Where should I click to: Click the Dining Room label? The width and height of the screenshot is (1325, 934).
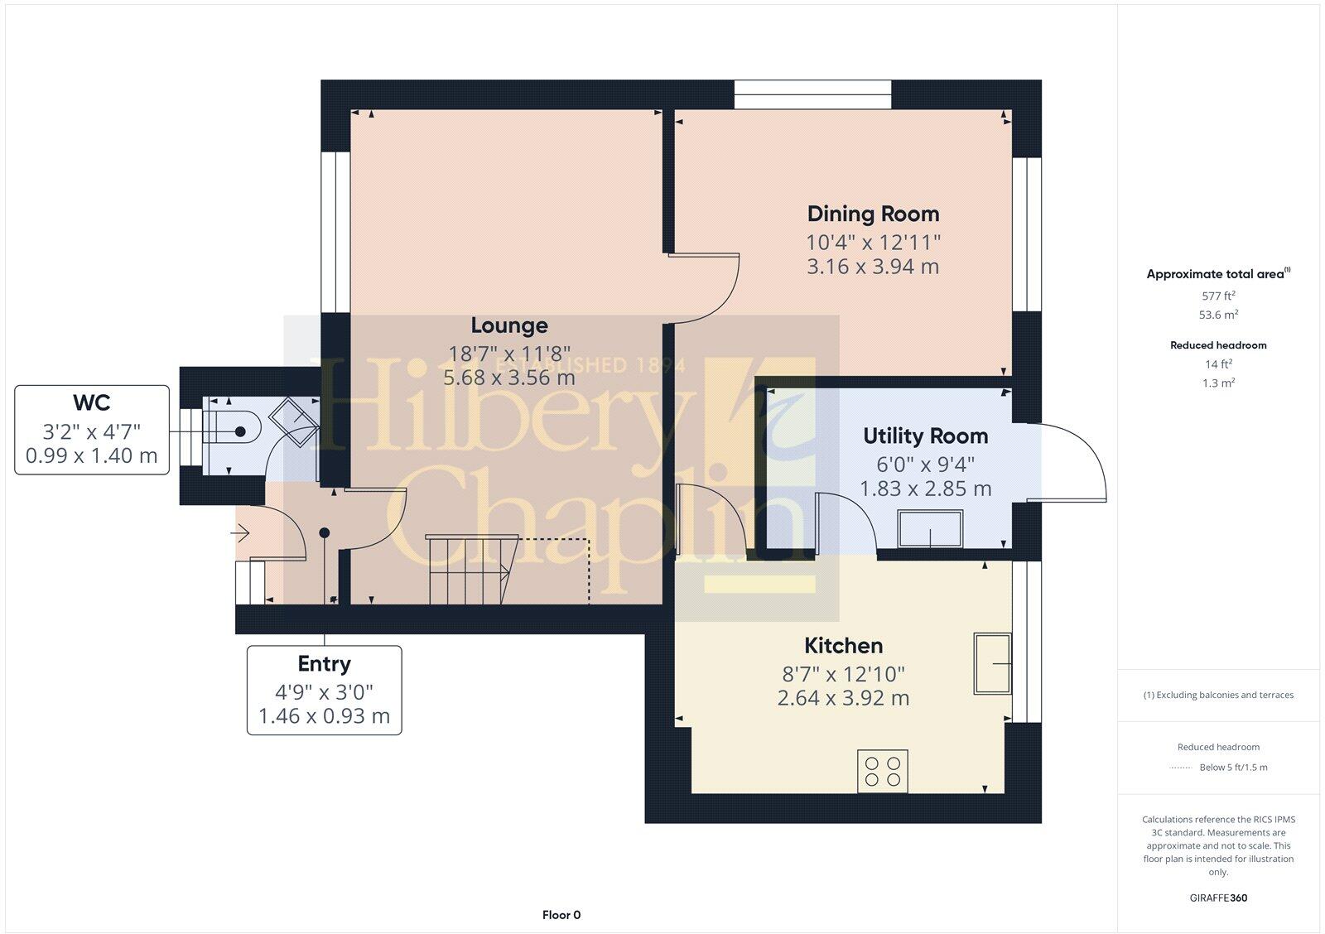pos(873,214)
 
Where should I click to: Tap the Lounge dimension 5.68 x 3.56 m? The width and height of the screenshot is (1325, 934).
pos(508,378)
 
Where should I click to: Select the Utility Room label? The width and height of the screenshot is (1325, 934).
pos(925,436)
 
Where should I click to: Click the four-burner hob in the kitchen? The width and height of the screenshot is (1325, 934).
pos(883,771)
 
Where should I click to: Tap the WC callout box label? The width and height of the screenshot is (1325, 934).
pos(91,402)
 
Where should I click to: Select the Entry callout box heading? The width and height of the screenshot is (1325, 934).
pos(324,664)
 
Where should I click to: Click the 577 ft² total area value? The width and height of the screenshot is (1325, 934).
pos(1218,296)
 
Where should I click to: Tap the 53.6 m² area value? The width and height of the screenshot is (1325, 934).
pos(1218,315)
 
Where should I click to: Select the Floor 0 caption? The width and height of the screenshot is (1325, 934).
pos(561,915)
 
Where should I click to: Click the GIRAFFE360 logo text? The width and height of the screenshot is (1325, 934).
pos(1218,898)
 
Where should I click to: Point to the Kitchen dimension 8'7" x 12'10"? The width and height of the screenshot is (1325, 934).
pos(843,674)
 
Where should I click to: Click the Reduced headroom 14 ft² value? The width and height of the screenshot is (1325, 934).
pos(1218,364)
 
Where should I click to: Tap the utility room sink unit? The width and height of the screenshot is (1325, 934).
pos(931,529)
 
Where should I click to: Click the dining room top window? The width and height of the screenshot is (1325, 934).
pos(812,94)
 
